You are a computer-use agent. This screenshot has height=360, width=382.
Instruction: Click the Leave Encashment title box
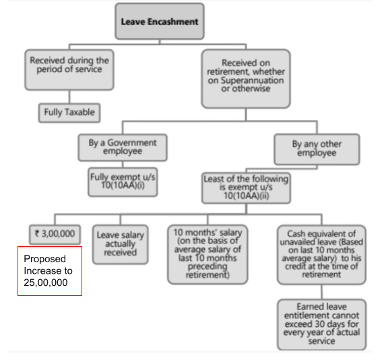pos(160,22)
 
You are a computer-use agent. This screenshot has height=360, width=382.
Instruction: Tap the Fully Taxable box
pos(69,112)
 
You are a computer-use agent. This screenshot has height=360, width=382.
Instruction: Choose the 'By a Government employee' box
pos(123,147)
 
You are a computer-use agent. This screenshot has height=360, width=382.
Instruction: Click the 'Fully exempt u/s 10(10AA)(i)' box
pos(123,181)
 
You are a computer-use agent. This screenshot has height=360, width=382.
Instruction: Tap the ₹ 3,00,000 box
pos(55,234)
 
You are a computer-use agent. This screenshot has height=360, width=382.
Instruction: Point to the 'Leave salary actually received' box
pos(121,243)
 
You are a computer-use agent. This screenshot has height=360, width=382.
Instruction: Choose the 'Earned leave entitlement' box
pos(321,324)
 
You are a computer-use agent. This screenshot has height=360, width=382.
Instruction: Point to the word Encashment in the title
pos(174,22)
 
